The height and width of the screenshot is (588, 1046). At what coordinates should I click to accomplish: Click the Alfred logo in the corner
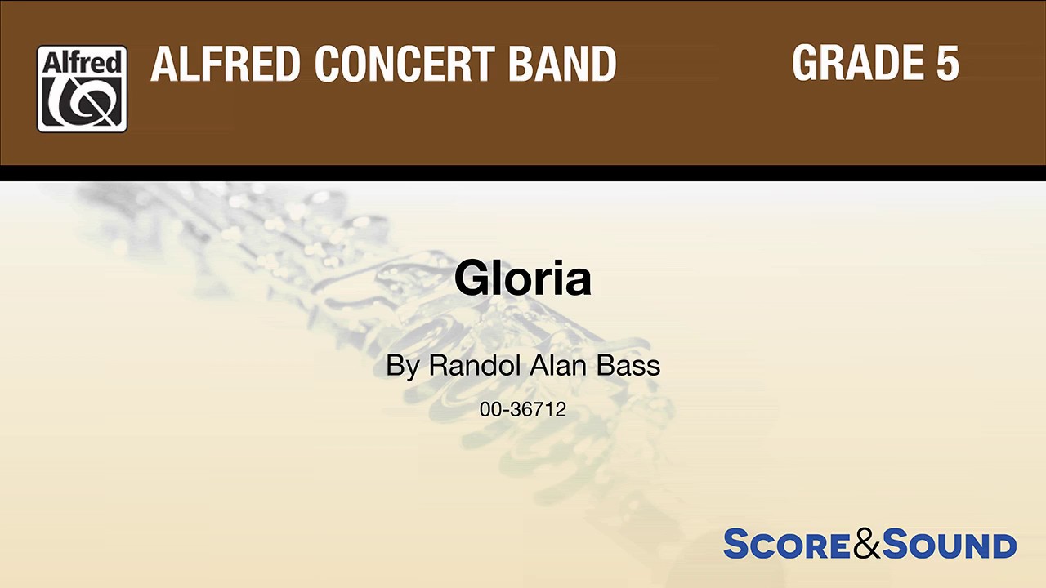click(x=82, y=89)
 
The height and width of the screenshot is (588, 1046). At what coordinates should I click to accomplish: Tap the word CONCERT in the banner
click(x=405, y=64)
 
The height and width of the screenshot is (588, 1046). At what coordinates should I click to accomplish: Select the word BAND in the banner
click(x=562, y=64)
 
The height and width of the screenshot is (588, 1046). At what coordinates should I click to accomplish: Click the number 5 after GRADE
click(x=947, y=62)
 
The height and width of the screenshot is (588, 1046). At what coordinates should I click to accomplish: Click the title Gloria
click(x=522, y=278)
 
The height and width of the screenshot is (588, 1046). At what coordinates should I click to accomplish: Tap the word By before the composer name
click(x=402, y=366)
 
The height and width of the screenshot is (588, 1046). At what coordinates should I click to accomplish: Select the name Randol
click(x=474, y=366)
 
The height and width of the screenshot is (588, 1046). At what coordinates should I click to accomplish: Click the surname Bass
click(x=628, y=366)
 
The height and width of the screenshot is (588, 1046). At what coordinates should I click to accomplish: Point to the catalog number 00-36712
click(x=523, y=409)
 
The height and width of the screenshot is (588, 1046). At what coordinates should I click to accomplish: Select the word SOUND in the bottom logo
click(x=950, y=545)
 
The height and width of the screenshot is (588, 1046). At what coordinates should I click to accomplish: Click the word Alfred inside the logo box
click(x=82, y=63)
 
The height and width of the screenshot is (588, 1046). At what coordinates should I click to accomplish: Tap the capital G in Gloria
click(x=472, y=278)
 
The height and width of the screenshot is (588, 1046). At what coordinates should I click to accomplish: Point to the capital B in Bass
click(x=605, y=366)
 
